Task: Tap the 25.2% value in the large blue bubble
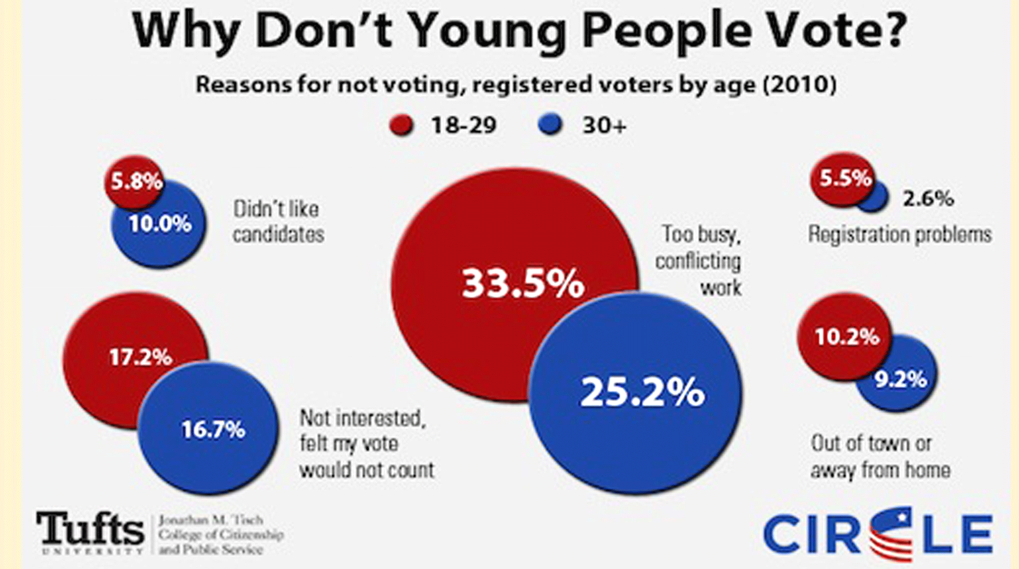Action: coord(642,392)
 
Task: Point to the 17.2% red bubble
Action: coord(139,357)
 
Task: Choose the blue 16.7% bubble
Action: coord(212,431)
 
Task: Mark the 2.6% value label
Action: coord(928,199)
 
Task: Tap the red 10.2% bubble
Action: coord(846,337)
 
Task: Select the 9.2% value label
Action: coord(901,380)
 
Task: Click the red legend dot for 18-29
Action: coord(402,125)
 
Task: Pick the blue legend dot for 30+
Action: coord(550,125)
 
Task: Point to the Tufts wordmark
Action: coord(91,529)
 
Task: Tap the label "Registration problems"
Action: coord(899,234)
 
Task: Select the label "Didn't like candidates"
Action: coord(278,222)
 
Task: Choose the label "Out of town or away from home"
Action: coord(880,456)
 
